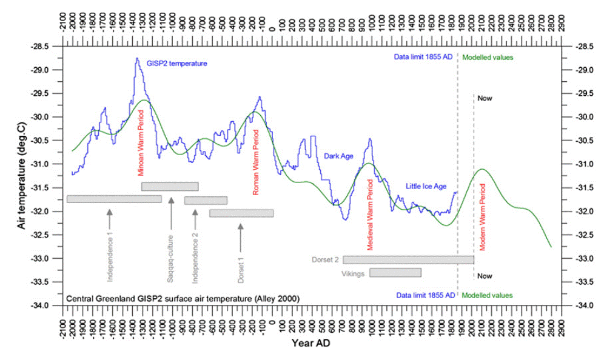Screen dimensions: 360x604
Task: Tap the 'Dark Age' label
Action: pos(338,156)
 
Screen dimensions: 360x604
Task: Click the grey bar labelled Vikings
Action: pos(395,273)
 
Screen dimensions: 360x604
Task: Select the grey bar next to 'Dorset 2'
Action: pos(408,259)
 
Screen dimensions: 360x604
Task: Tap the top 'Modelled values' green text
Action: pos(488,58)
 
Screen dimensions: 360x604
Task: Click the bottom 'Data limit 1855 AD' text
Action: pos(426,295)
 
